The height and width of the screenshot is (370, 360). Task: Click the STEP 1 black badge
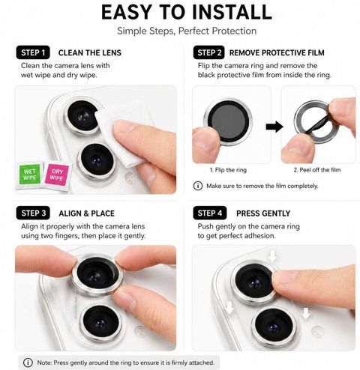(33, 52)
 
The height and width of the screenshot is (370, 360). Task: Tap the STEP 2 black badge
(209, 52)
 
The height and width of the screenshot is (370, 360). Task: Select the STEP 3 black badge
(33, 213)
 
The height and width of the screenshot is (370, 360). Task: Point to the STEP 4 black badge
(210, 213)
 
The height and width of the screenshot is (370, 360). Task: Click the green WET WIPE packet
(30, 175)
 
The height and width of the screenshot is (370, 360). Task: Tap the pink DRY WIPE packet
(57, 175)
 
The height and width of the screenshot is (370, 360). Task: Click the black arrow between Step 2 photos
(274, 127)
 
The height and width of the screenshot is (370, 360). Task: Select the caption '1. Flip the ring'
(228, 170)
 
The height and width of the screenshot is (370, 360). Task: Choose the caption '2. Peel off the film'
(317, 170)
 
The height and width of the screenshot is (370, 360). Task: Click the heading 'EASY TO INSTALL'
(187, 12)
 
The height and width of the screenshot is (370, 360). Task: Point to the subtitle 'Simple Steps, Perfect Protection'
(187, 31)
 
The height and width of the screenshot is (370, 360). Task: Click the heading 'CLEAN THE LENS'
(90, 52)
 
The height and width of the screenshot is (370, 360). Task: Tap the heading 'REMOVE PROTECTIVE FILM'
(277, 52)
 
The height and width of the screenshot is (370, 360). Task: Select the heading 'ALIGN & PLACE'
(87, 213)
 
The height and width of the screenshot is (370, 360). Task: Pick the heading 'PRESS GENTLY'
(263, 213)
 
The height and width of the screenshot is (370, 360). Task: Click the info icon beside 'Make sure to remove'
(198, 186)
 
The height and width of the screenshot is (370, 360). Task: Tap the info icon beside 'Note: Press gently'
(28, 363)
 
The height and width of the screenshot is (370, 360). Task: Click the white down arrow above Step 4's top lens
(272, 257)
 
